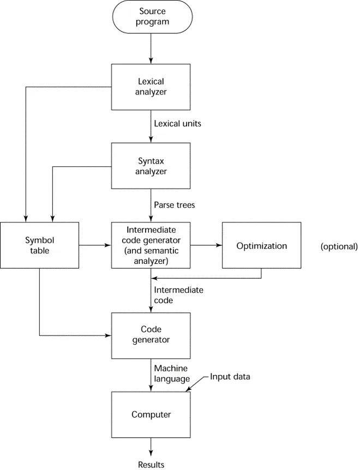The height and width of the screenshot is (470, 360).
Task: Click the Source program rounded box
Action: click(151, 17)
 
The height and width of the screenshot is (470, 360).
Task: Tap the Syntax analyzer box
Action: click(151, 166)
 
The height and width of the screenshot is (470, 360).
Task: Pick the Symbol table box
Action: click(40, 245)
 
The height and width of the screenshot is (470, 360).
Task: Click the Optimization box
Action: click(262, 245)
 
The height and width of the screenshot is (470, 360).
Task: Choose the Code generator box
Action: click(151, 335)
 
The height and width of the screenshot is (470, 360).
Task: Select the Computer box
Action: click(151, 414)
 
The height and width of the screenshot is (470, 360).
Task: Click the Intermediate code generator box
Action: click(151, 245)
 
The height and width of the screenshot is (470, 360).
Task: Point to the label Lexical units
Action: click(178, 124)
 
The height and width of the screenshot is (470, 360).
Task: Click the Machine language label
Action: click(172, 373)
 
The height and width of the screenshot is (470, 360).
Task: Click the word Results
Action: click(151, 465)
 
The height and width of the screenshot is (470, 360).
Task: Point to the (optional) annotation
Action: click(339, 246)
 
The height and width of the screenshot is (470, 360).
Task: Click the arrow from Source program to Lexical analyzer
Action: click(151, 49)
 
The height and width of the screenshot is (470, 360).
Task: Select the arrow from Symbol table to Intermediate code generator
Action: click(95, 245)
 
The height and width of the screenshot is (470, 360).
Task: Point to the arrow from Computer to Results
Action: click(151, 448)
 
